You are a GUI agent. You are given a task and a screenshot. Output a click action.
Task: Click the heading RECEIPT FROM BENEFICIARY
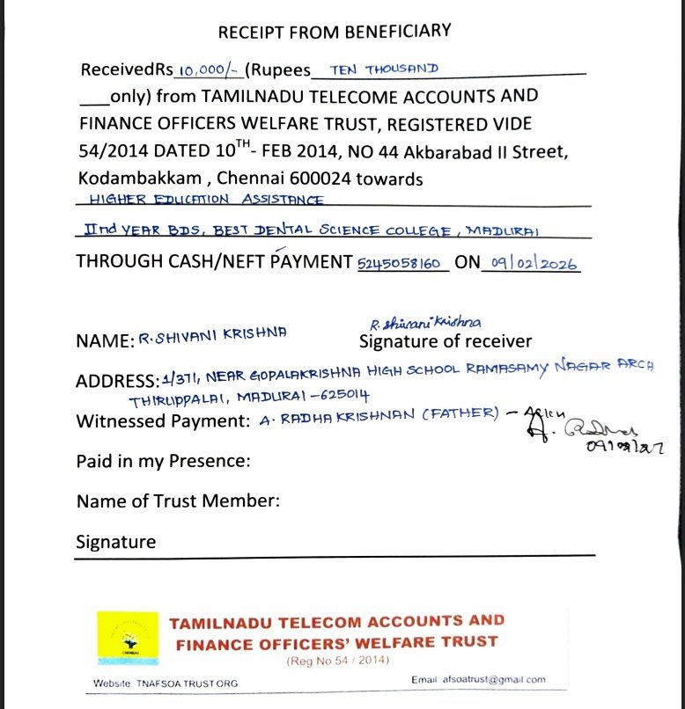click(334, 33)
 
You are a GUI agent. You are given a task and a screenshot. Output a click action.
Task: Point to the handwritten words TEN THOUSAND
click(383, 69)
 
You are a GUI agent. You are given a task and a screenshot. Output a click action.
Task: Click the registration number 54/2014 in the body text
click(110, 150)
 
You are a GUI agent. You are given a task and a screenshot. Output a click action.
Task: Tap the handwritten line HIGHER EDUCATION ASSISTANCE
click(207, 200)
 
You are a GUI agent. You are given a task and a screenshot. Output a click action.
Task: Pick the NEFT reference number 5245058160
click(403, 263)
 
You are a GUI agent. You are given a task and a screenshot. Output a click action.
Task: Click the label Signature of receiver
click(446, 341)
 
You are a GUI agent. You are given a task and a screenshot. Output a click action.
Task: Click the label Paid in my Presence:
click(164, 461)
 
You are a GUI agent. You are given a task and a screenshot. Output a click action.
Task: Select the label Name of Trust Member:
click(178, 501)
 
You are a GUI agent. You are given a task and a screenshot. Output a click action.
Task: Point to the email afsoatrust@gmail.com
click(478, 680)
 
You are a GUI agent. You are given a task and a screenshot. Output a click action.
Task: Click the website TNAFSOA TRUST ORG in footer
click(166, 683)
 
